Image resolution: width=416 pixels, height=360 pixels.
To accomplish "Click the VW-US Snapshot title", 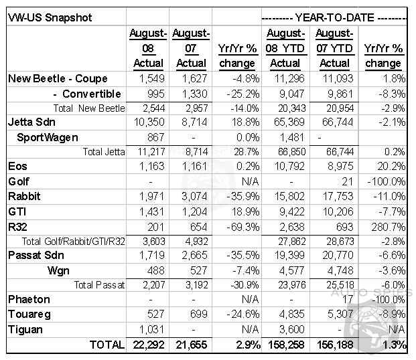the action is [50, 18].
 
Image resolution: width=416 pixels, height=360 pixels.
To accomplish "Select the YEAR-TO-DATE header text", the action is [334, 18].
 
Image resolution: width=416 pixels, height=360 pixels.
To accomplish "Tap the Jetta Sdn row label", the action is [31, 122].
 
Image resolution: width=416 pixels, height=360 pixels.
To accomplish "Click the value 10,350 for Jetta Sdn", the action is [149, 122].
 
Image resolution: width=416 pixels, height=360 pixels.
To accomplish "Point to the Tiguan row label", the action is [25, 330].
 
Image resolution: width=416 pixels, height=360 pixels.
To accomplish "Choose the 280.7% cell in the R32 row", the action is [388, 228].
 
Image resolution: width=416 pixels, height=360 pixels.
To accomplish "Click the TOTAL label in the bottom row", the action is [107, 345].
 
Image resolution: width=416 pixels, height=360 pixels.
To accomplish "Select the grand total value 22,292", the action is [149, 345].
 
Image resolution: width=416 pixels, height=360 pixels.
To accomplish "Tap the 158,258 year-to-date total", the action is [286, 345].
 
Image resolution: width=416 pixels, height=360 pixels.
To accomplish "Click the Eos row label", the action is [17, 167].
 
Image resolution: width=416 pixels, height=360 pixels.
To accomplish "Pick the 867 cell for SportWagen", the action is [155, 137].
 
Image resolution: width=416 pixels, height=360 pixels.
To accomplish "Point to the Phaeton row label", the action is [29, 300].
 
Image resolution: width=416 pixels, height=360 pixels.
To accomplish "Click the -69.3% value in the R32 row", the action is [242, 228].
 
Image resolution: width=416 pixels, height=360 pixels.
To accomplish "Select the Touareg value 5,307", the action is [340, 314].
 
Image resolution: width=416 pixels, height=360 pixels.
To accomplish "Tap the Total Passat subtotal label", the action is [99, 285].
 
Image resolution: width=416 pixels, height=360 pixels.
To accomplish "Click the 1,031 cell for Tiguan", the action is [152, 330].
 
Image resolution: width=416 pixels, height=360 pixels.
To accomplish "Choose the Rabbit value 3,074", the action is [194, 197].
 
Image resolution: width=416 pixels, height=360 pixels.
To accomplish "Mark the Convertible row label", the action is [87, 94].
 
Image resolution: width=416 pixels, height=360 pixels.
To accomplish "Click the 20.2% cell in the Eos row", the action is [391, 167].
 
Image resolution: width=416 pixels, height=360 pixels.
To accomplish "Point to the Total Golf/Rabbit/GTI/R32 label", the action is [73, 242].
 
